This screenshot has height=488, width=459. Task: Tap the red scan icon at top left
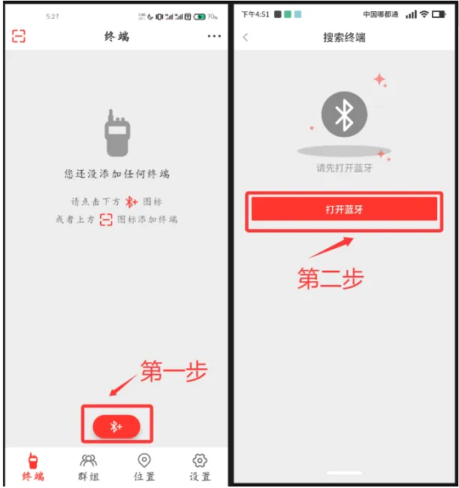coord(19,36)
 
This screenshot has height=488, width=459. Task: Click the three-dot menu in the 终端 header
coord(214,36)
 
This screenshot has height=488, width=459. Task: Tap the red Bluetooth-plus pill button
coord(116,426)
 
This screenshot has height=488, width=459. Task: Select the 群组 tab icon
coord(89,460)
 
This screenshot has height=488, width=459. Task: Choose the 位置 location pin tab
coord(144,460)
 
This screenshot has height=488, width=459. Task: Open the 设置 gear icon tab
coord(200,460)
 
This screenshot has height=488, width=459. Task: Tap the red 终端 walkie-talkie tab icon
coord(33,461)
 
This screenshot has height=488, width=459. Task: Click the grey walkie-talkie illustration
coord(117,133)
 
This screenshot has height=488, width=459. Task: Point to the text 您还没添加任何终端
coord(117,174)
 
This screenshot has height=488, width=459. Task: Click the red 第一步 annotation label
coord(174,371)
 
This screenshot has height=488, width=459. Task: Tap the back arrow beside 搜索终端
coord(246,38)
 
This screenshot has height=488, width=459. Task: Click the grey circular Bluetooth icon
coord(344,114)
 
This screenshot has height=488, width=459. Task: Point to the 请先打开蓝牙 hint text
coord(344,168)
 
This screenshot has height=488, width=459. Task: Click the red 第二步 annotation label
coord(331,278)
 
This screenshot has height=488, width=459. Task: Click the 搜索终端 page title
coord(344,38)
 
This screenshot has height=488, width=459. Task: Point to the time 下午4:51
coord(255,14)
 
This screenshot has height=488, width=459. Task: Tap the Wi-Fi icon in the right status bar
coord(424,14)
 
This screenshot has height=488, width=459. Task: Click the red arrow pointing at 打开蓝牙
coord(331,247)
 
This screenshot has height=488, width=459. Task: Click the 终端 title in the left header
coord(116,36)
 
